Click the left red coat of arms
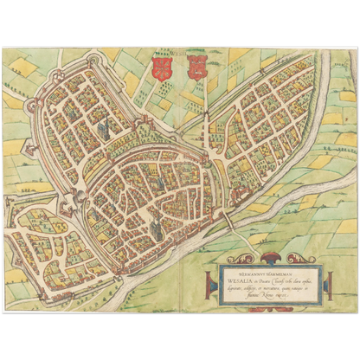coord(159,69)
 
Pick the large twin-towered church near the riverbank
coord(157,227)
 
